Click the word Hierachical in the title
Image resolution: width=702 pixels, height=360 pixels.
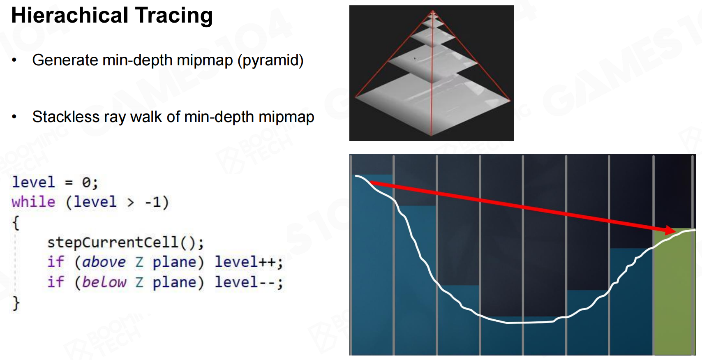[x=69, y=15]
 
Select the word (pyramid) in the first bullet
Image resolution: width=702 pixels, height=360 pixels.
[x=270, y=60]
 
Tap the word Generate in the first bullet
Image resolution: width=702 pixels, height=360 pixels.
[x=65, y=60]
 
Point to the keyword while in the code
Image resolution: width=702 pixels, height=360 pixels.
[x=34, y=202]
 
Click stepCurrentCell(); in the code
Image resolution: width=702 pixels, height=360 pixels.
[x=125, y=242]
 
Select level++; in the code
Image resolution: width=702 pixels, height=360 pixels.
[x=249, y=262]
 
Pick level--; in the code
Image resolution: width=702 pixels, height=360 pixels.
[x=249, y=282]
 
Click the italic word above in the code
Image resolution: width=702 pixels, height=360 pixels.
[x=104, y=262]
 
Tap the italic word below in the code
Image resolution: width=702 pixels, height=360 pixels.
[x=104, y=282]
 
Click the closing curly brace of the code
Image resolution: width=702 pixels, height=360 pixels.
[x=16, y=303]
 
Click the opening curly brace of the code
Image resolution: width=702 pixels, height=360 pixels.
[x=16, y=223]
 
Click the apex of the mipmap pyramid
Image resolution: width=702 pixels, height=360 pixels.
[x=432, y=11]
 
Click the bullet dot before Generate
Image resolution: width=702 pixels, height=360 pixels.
[x=14, y=60]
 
